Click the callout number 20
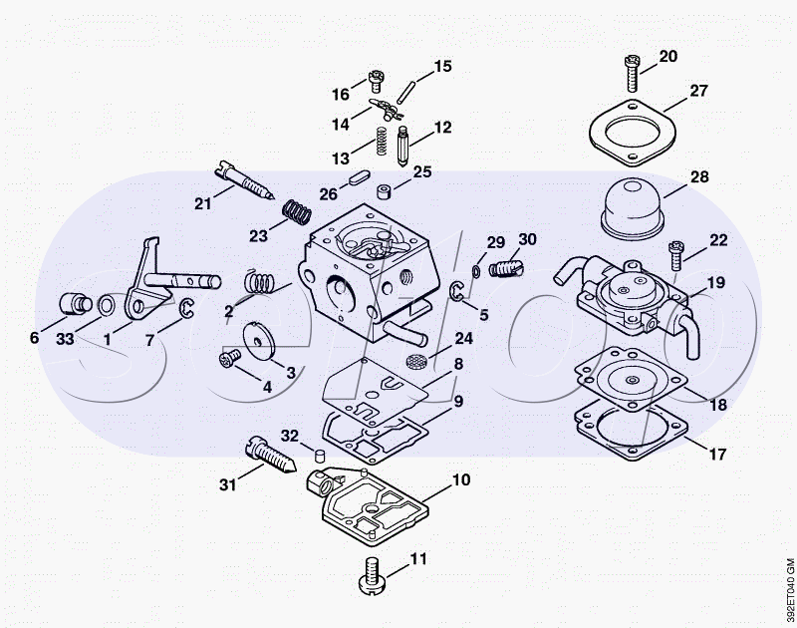tap(667, 56)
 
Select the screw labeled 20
tap(632, 73)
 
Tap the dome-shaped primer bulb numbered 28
tap(633, 209)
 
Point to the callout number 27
tap(698, 91)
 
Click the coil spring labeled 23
tap(297, 211)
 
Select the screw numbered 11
tap(374, 575)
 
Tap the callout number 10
tap(461, 479)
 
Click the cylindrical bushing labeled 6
tap(76, 304)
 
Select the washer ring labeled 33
tap(107, 306)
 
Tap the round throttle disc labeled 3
tap(259, 340)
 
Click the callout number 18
tap(717, 405)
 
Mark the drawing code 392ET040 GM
tap(789, 582)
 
